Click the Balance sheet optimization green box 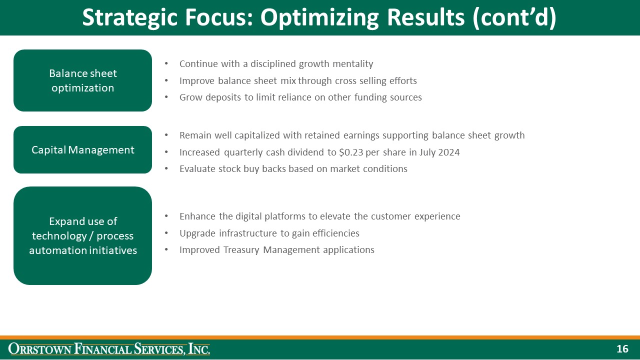tap(82, 80)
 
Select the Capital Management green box tap(82, 150)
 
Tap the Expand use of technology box tap(82, 235)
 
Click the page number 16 tap(622, 349)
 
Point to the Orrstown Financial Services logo tap(109, 349)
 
